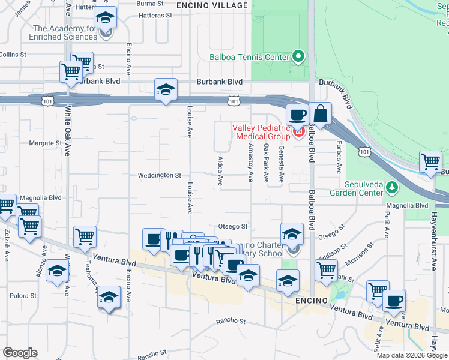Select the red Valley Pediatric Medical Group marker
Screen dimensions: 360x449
point(297,131)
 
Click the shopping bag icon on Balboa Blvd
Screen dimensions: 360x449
point(321,114)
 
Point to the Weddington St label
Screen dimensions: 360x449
point(160,175)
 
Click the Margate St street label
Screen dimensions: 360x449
point(46,143)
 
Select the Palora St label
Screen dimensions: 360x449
point(23,296)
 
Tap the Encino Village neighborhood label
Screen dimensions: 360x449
point(212,5)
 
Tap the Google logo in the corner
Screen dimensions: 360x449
point(20,353)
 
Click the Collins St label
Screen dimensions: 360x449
point(13,54)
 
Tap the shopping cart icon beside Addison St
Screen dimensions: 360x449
point(326,270)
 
